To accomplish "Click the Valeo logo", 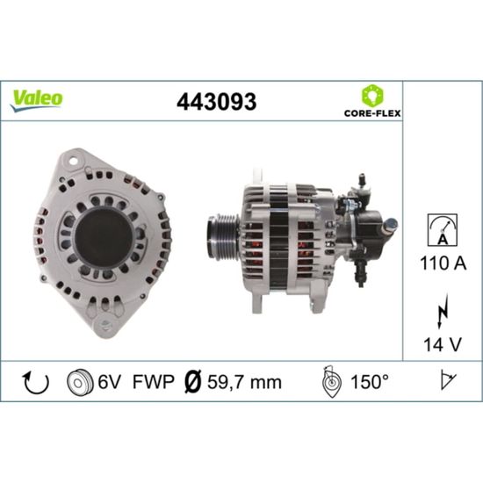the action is (36, 101).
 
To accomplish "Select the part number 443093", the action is (216, 101).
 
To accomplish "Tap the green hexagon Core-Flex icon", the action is (372, 96).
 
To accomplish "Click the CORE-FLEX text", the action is (372, 113).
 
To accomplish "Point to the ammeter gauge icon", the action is (443, 230).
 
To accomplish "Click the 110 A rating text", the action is (443, 263).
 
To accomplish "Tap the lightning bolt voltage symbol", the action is (443, 312).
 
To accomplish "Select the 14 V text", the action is (443, 344).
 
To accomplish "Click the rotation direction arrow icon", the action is (36, 382).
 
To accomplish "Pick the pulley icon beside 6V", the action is (80, 382).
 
